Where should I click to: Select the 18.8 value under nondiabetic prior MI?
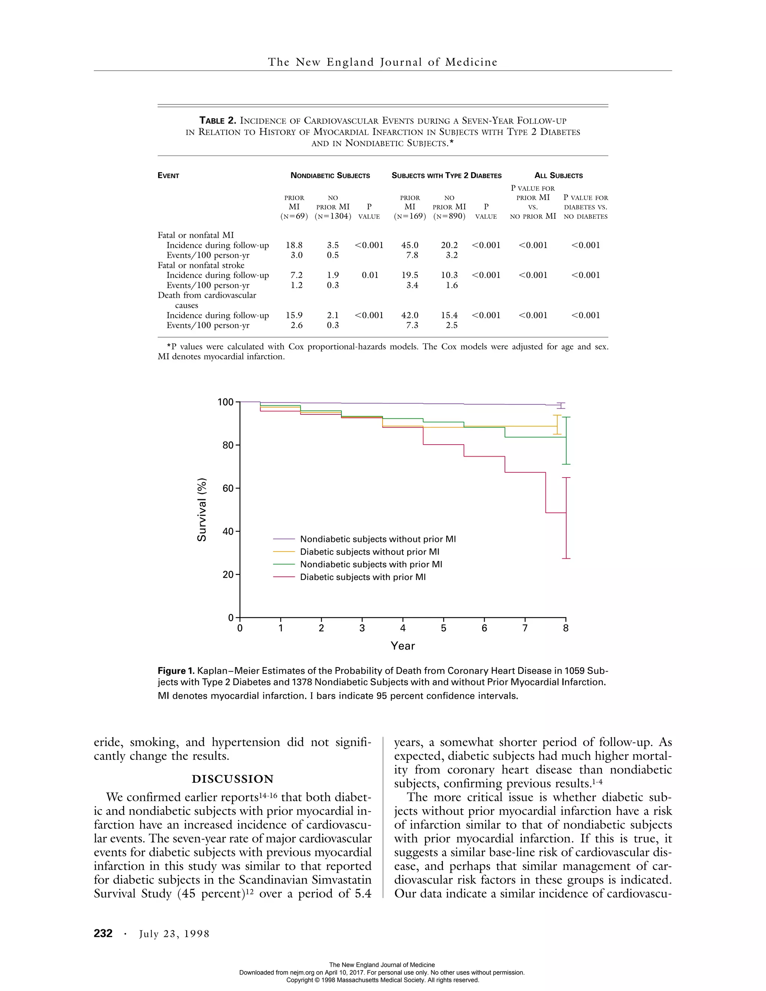pyautogui.click(x=294, y=245)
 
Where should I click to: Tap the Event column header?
pyautogui.click(x=168, y=176)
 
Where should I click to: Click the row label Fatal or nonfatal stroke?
pyautogui.click(x=201, y=266)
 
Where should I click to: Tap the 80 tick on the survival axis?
pyautogui.click(x=228, y=445)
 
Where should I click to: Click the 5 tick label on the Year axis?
pyautogui.click(x=443, y=629)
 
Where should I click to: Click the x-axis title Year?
pyautogui.click(x=402, y=646)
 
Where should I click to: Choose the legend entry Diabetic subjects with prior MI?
pyautogui.click(x=362, y=577)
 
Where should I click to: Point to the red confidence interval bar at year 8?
pyautogui.click(x=566, y=518)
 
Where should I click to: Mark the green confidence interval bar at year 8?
pyautogui.click(x=566, y=440)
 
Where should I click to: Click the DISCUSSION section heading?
pyautogui.click(x=232, y=779)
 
